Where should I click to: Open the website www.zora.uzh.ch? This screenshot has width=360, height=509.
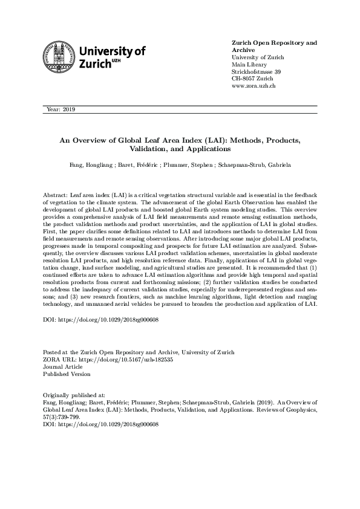point(254,86)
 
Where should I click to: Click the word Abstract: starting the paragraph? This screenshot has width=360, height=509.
point(56,196)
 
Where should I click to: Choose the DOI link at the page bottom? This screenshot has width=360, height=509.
point(100,424)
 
